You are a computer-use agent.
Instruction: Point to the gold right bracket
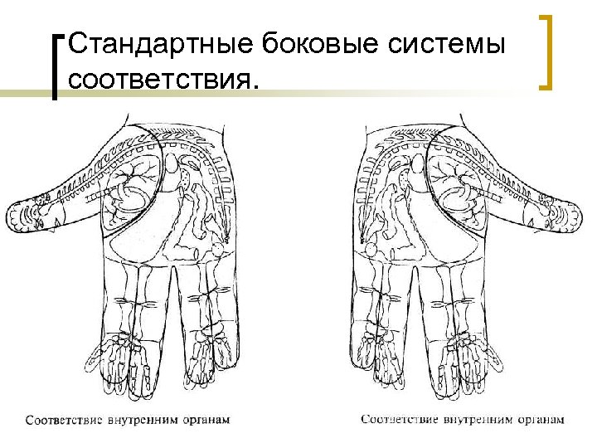tap(546, 51)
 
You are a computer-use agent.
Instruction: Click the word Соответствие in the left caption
tap(62, 420)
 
